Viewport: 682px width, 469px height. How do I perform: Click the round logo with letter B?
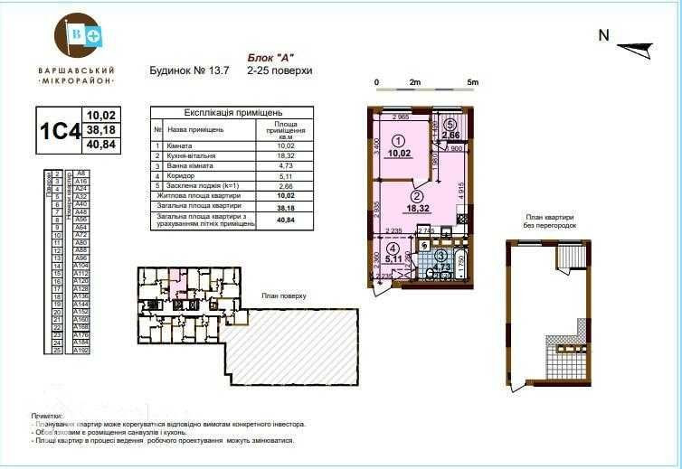pyautogui.click(x=77, y=35)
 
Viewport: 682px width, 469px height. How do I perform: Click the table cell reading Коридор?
pyautogui.click(x=177, y=176)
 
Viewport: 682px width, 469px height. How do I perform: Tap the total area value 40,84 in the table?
pyautogui.click(x=286, y=220)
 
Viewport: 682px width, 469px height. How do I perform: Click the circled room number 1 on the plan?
pyautogui.click(x=398, y=140)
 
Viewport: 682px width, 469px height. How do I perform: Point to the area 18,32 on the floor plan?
pyautogui.click(x=418, y=208)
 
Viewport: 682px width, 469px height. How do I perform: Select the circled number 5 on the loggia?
pyautogui.click(x=450, y=126)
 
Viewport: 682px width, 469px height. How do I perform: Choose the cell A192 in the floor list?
pyautogui.click(x=81, y=350)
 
